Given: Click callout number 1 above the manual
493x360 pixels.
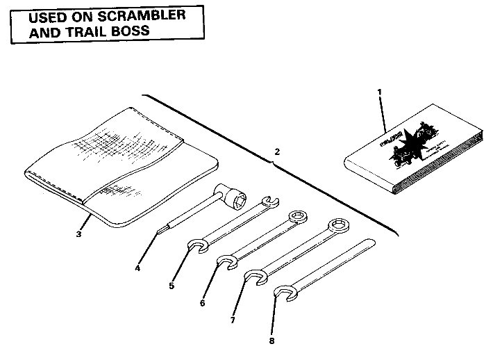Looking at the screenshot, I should [x=380, y=92].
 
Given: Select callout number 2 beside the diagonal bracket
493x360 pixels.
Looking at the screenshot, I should [x=278, y=151].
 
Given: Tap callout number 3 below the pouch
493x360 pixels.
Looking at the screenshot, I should [x=78, y=234].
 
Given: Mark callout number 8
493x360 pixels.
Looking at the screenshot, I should [x=272, y=341].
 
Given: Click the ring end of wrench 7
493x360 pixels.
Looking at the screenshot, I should [x=338, y=224].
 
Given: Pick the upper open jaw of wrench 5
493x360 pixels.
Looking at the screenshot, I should [x=267, y=202].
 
